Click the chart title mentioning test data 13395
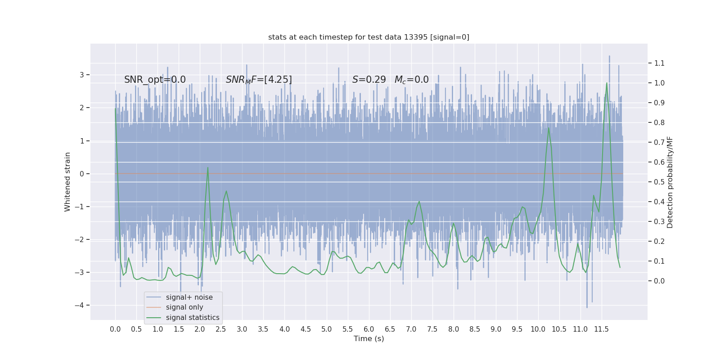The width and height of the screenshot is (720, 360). [x=369, y=37]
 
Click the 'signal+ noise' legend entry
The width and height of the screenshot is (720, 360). [x=189, y=297]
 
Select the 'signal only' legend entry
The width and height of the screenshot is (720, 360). [x=184, y=307]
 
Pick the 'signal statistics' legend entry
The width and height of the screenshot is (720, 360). [x=193, y=318]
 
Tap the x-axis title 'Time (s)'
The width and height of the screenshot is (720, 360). [x=369, y=339]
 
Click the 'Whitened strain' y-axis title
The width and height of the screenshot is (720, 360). [x=67, y=182]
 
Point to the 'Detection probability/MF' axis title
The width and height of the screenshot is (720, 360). [x=670, y=182]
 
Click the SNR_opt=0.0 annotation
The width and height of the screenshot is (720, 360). [x=155, y=80]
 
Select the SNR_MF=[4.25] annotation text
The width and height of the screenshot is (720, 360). [x=259, y=80]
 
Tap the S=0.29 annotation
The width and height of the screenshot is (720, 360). [x=369, y=80]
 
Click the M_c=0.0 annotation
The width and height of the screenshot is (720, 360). [x=411, y=80]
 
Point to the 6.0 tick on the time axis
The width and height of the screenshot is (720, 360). [x=369, y=329]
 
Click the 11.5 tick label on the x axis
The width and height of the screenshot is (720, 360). [x=601, y=329]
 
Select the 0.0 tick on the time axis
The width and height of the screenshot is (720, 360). [x=115, y=329]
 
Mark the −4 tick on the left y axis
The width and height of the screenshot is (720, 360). [x=81, y=305]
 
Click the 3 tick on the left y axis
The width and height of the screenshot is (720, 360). [x=82, y=75]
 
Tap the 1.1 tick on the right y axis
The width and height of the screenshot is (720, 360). [x=659, y=63]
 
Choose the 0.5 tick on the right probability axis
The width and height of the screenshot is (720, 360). [x=659, y=182]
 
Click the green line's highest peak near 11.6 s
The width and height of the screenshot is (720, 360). [x=607, y=83]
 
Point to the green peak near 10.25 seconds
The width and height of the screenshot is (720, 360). [x=549, y=128]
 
